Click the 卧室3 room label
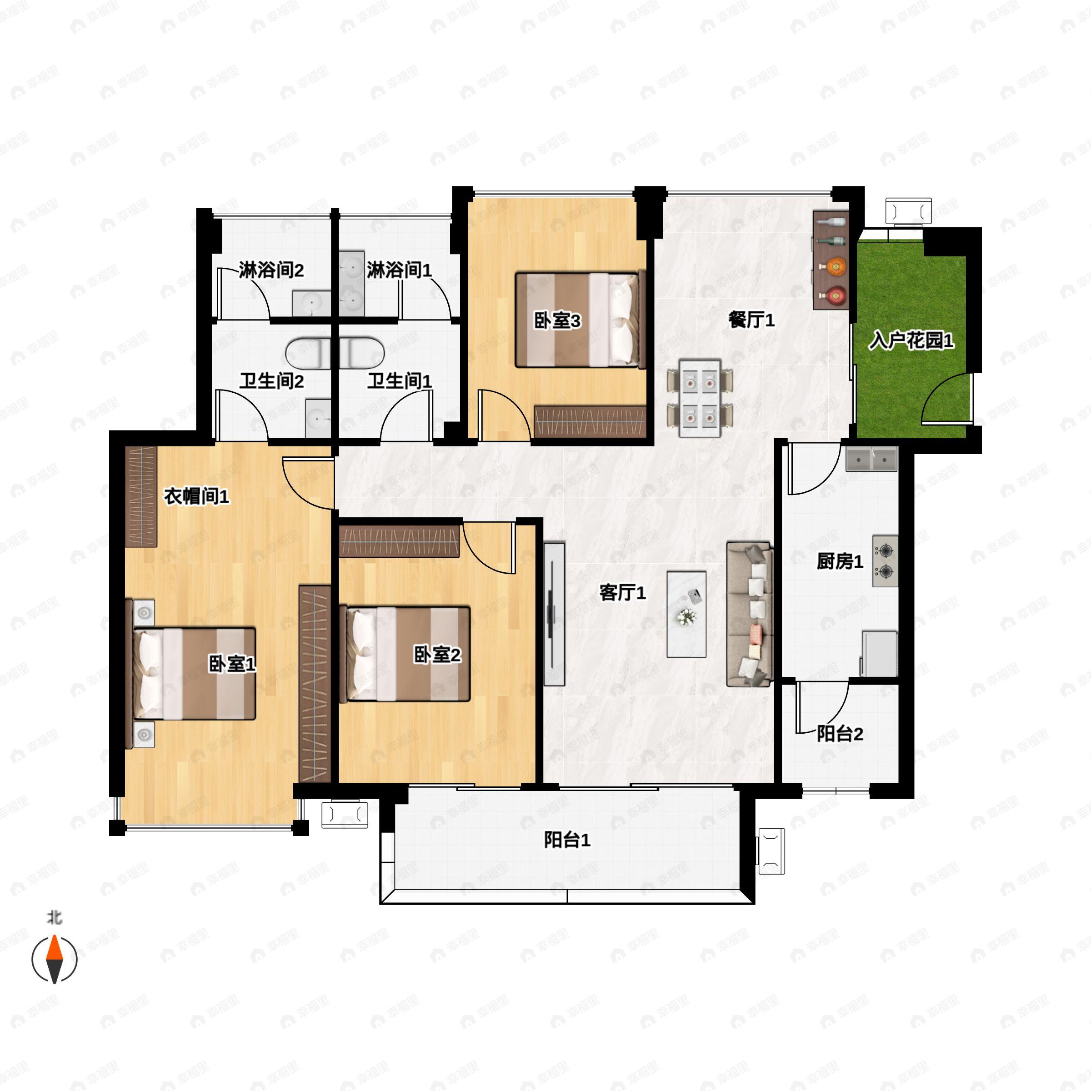pos(557,321)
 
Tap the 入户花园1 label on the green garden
pos(911,340)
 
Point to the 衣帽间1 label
pos(196,496)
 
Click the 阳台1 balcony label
pos(567,840)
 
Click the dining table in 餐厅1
pos(700,398)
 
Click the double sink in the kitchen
pos(871,459)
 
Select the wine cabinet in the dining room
pos(831,260)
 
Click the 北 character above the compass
pos(54,918)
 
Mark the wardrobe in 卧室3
pos(590,421)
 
